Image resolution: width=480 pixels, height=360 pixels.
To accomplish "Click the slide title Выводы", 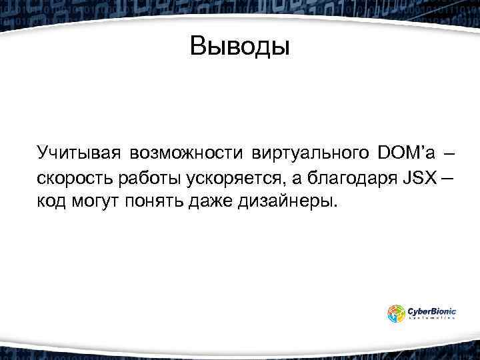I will pyautogui.click(x=240, y=47).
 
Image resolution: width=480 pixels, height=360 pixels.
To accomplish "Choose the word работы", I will pyautogui.click(x=145, y=178).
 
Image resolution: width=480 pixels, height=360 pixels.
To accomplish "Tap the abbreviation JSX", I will pyautogui.click(x=417, y=178).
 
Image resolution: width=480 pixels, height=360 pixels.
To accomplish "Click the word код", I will pyautogui.click(x=51, y=201).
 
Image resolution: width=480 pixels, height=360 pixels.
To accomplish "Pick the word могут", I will pyautogui.click(x=93, y=201).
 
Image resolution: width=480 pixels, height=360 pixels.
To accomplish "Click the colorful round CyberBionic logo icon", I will pyautogui.click(x=396, y=313).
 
